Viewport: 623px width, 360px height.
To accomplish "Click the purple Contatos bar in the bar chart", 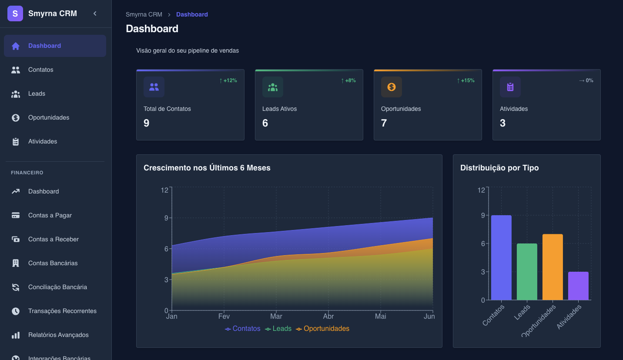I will [501, 257].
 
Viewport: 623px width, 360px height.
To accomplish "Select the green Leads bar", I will [527, 272].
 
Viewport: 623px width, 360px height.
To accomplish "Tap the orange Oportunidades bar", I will [553, 267].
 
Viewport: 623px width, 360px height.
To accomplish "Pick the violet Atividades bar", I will [578, 286].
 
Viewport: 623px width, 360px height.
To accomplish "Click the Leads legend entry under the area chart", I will [278, 329].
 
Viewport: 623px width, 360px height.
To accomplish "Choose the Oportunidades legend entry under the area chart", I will [323, 329].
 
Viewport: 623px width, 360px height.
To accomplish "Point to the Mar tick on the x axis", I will [276, 316].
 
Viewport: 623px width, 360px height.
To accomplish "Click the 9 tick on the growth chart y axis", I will [166, 218].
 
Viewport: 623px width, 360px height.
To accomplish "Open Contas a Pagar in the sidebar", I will [50, 215].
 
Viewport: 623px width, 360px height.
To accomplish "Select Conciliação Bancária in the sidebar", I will [57, 287].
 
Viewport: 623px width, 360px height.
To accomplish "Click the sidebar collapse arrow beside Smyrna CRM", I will [95, 13].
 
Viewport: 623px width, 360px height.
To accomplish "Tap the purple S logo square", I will [15, 13].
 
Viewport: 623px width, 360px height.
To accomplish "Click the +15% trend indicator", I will [466, 80].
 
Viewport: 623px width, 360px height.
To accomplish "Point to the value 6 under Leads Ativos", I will [265, 123].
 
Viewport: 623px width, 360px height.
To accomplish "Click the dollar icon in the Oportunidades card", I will [392, 87].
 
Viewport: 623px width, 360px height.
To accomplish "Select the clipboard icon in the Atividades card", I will [510, 87].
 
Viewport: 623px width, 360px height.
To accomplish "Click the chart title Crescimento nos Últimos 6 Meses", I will [207, 168].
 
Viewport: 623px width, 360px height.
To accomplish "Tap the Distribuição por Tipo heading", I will [499, 168].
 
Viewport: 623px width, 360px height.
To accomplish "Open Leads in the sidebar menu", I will [37, 93].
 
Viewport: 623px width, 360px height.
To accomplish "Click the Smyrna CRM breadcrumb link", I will [144, 14].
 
